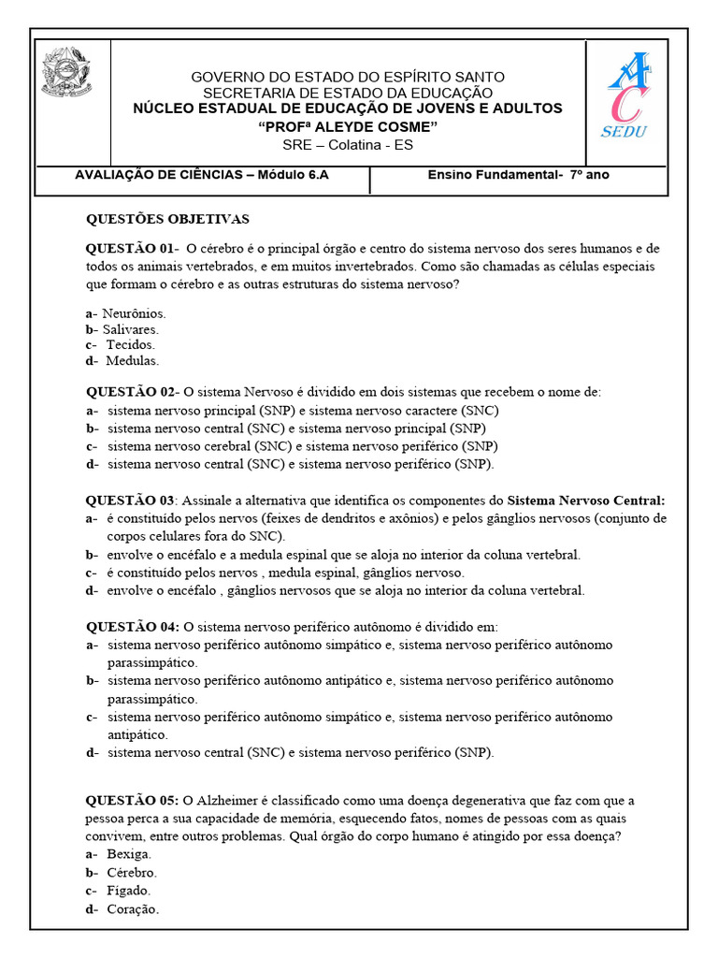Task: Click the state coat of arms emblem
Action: [67, 73]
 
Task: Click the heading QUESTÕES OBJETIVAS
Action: [167, 219]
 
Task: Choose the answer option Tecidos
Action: [130, 344]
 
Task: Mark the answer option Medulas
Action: [132, 360]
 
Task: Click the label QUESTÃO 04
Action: [132, 626]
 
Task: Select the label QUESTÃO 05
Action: [132, 800]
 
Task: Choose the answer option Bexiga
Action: [129, 854]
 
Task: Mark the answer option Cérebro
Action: [132, 872]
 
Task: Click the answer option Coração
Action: [133, 908]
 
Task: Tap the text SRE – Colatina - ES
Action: [348, 145]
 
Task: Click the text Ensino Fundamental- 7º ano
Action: [519, 174]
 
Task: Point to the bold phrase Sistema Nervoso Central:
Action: [586, 501]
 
